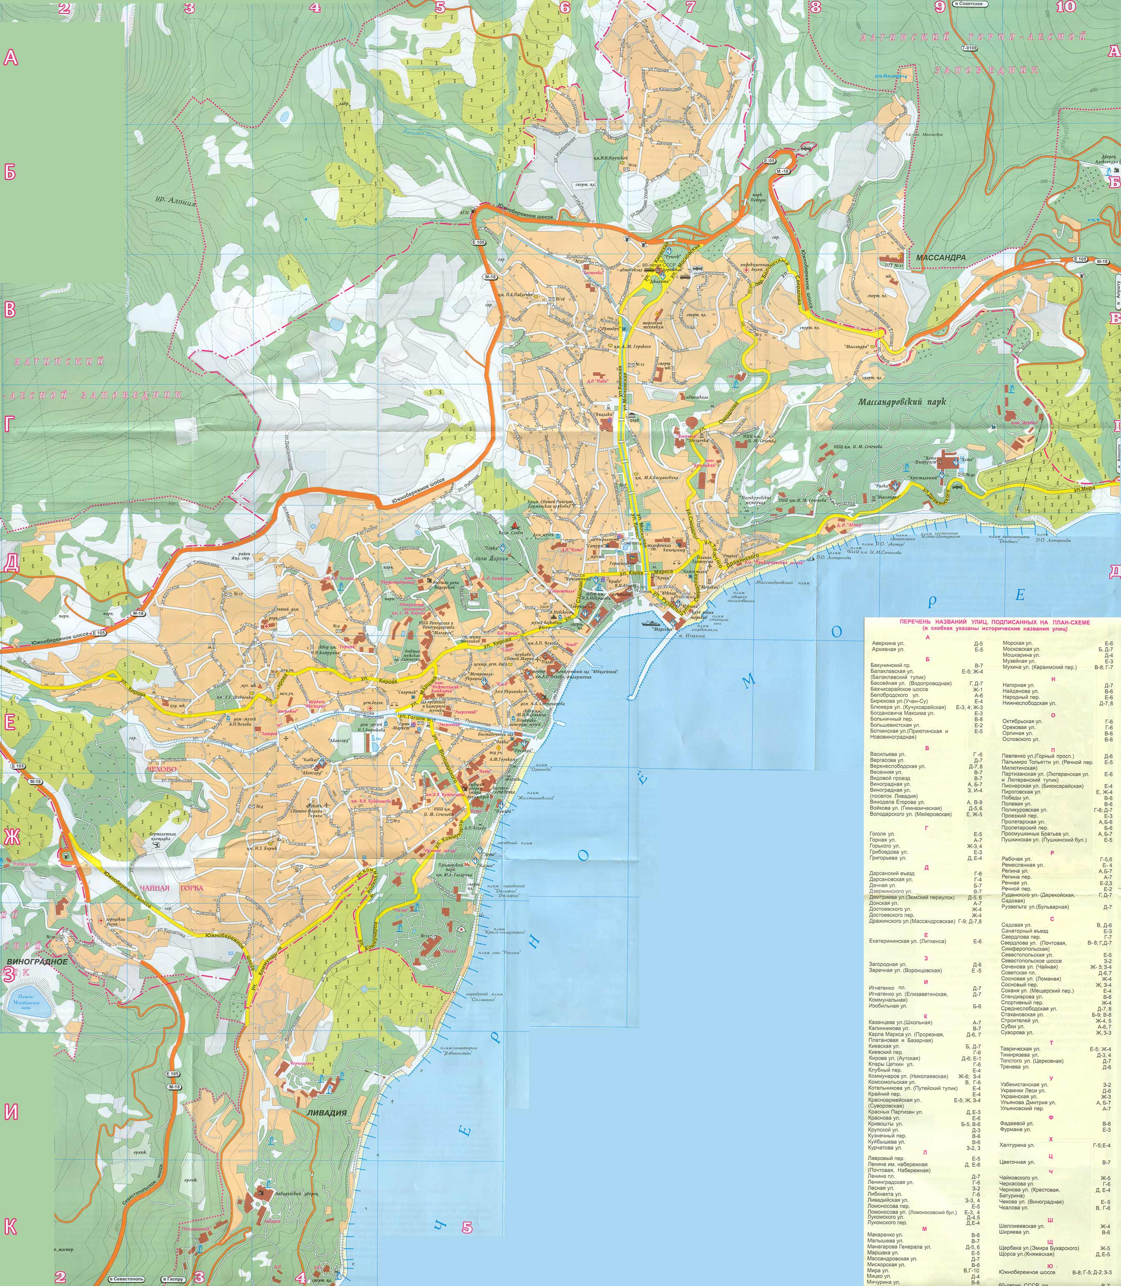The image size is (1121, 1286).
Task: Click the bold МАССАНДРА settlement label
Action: [941, 257]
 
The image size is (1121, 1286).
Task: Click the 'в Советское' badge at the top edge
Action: [969, 4]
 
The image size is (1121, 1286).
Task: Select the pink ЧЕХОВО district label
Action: [161, 769]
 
